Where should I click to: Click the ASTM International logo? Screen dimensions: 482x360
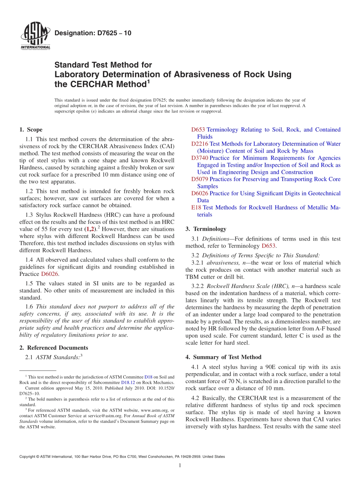point(35,36)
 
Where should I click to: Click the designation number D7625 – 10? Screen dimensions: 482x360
point(93,33)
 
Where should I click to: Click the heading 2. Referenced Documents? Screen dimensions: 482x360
point(53,348)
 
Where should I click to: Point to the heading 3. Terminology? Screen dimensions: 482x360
point(206,229)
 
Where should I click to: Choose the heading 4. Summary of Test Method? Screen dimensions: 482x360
point(223,357)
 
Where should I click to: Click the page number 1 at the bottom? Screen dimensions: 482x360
point(180,465)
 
